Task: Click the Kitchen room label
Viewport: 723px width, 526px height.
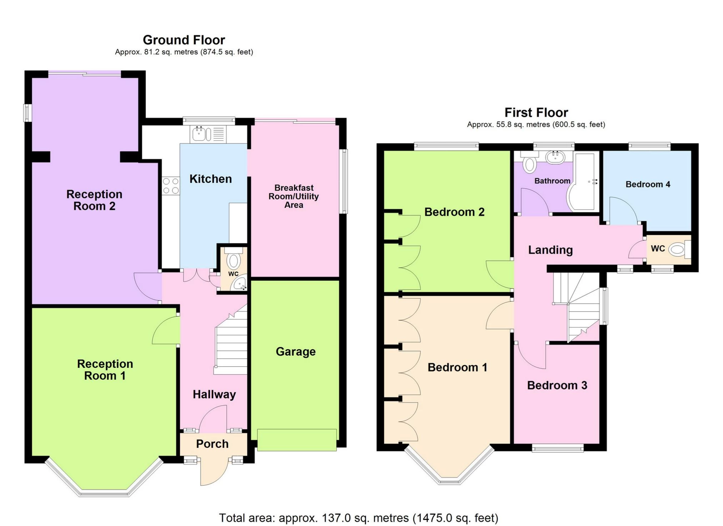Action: (x=211, y=179)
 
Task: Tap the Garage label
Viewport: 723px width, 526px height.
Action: (x=296, y=352)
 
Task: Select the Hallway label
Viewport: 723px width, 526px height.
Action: (x=214, y=395)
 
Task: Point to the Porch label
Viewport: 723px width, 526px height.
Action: (x=212, y=444)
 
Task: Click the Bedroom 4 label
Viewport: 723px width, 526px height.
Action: (x=648, y=184)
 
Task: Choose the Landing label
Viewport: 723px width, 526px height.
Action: (x=551, y=250)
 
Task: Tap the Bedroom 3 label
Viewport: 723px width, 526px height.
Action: (x=557, y=385)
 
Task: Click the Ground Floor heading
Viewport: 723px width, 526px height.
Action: (x=184, y=40)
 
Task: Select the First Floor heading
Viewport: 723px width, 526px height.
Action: (x=536, y=112)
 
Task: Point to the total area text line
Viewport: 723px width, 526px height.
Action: (x=358, y=518)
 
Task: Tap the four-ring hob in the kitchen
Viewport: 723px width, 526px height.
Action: (x=171, y=186)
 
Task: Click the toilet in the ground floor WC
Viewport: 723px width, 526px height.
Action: (x=234, y=259)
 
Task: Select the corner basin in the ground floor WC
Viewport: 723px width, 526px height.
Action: (x=239, y=284)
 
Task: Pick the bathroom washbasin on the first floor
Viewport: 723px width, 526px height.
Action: (x=555, y=157)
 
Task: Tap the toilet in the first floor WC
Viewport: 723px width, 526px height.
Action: (x=680, y=249)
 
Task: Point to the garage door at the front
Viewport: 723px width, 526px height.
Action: (x=297, y=440)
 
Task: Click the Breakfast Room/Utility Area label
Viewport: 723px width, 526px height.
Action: (x=294, y=196)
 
